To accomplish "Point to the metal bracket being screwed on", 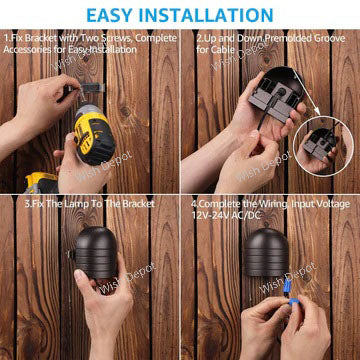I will tap(70, 91).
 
